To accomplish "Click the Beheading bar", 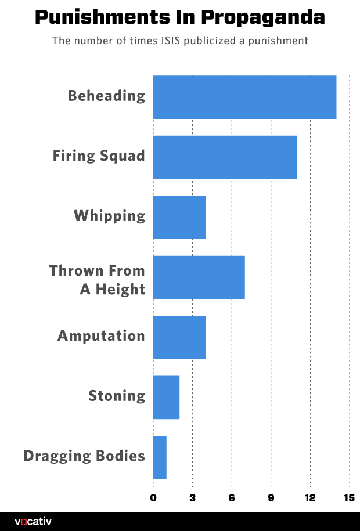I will [244, 97].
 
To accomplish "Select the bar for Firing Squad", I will [225, 157].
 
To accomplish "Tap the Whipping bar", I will [179, 217].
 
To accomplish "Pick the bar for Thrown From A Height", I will [199, 277].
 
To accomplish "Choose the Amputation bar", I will [179, 337].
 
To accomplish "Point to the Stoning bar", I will [166, 398].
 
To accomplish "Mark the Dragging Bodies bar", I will [160, 457].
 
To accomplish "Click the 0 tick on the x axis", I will [153, 497].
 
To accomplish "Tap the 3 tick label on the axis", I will [192, 497].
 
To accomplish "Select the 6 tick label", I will [232, 497].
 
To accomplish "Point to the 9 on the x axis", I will [271, 497].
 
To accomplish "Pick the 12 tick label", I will [310, 497].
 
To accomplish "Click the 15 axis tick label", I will [349, 497].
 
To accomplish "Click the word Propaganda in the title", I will [264, 18].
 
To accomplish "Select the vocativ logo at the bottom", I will [33, 521].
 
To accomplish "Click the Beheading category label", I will [106, 96].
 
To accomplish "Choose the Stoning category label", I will [117, 396].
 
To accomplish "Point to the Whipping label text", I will [109, 216].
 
